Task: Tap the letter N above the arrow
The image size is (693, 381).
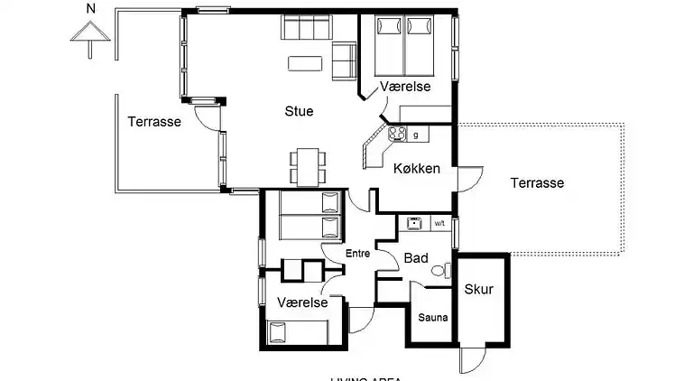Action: point(88,9)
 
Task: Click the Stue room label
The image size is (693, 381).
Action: point(299,112)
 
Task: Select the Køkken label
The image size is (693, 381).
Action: point(417,169)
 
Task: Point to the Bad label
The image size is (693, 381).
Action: point(415,258)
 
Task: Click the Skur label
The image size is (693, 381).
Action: point(478,289)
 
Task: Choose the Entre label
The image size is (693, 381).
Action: point(358,255)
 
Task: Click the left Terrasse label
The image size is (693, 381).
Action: point(154,121)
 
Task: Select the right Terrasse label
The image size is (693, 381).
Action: point(537,182)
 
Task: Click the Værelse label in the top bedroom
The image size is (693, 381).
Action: point(405,86)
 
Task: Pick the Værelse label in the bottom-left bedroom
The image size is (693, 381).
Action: point(302,302)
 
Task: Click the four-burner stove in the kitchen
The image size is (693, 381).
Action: point(397,135)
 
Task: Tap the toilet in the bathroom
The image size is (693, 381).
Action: point(439,269)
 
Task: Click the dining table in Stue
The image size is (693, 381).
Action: point(306,166)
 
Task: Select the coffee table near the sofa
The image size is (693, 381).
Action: point(303,63)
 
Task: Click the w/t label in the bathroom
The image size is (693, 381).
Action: point(439,222)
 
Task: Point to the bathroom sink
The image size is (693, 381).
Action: point(414,222)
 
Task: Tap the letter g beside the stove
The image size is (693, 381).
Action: point(415,135)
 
